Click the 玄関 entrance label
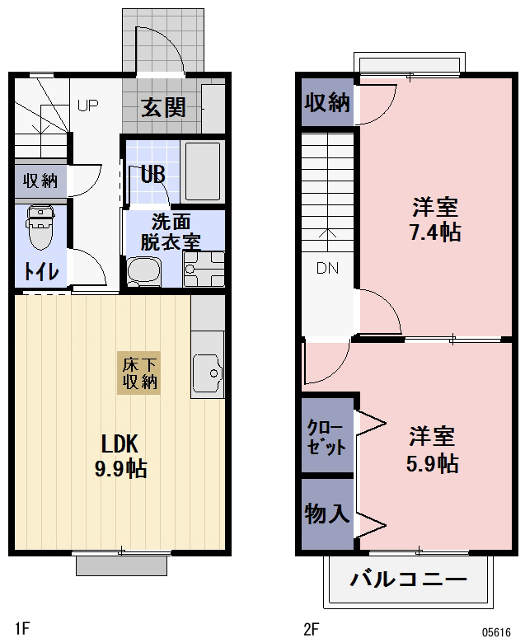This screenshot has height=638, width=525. click(162, 107)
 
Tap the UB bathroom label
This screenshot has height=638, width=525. click(152, 174)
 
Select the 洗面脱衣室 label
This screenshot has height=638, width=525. click(171, 232)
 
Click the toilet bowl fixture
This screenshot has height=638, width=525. click(39, 229)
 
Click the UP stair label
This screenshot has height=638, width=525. click(87, 106)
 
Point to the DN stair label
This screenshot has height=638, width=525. click(327, 268)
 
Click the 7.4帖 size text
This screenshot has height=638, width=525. click(434, 232)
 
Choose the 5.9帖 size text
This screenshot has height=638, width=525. click(432, 463)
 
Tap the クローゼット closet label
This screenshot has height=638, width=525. click(326, 437)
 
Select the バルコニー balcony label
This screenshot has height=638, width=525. click(408, 579)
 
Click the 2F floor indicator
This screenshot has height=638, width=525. click(311, 629)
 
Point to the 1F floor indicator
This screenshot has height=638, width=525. click(21, 629)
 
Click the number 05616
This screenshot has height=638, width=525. click(496, 631)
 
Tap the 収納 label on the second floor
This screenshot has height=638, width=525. click(327, 102)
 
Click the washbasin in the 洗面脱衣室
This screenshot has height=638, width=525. click(145, 271)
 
